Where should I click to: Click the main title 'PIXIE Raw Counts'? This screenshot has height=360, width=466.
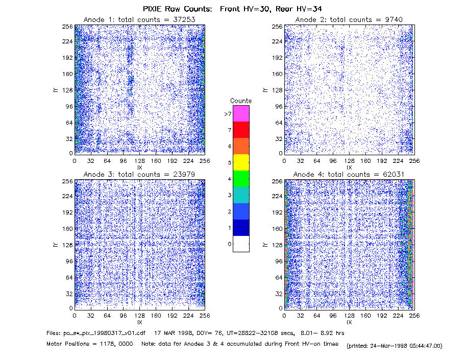point(177,9)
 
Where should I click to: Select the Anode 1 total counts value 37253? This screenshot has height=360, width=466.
point(184,19)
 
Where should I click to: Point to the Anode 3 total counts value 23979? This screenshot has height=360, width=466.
point(184,175)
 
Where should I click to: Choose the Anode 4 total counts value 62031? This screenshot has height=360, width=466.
point(394,175)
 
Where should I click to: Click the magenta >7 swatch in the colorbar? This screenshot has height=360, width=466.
point(241,113)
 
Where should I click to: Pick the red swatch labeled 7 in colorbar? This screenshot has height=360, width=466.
point(241,130)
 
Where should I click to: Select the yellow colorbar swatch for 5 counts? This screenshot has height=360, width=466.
point(241,162)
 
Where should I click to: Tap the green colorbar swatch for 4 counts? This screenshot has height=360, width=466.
point(241,179)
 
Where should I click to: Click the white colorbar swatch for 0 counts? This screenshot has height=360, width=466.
point(241,244)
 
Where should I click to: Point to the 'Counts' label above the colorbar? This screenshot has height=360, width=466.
point(241,101)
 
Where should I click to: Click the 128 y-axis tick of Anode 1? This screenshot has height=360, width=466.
point(67,90)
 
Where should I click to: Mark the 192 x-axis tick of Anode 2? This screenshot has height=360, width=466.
point(382,161)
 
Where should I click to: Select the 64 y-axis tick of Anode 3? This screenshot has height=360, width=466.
point(69,278)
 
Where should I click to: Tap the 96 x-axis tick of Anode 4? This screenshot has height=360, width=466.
point(333,316)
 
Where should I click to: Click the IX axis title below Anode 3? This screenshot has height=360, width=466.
point(140,322)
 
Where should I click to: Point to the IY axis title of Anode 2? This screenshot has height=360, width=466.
point(265,90)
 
